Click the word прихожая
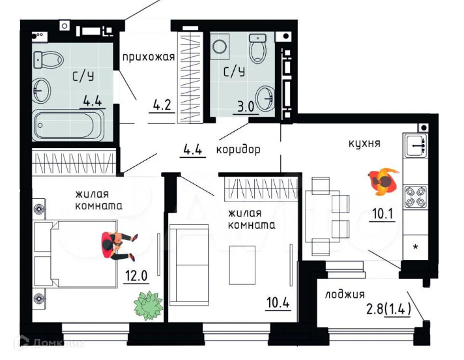149,57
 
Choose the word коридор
239,149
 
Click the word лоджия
345,294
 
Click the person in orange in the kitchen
383,181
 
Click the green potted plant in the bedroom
149,305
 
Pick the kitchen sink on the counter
414,147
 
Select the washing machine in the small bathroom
220,47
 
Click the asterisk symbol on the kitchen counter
416,248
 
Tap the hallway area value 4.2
161,104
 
